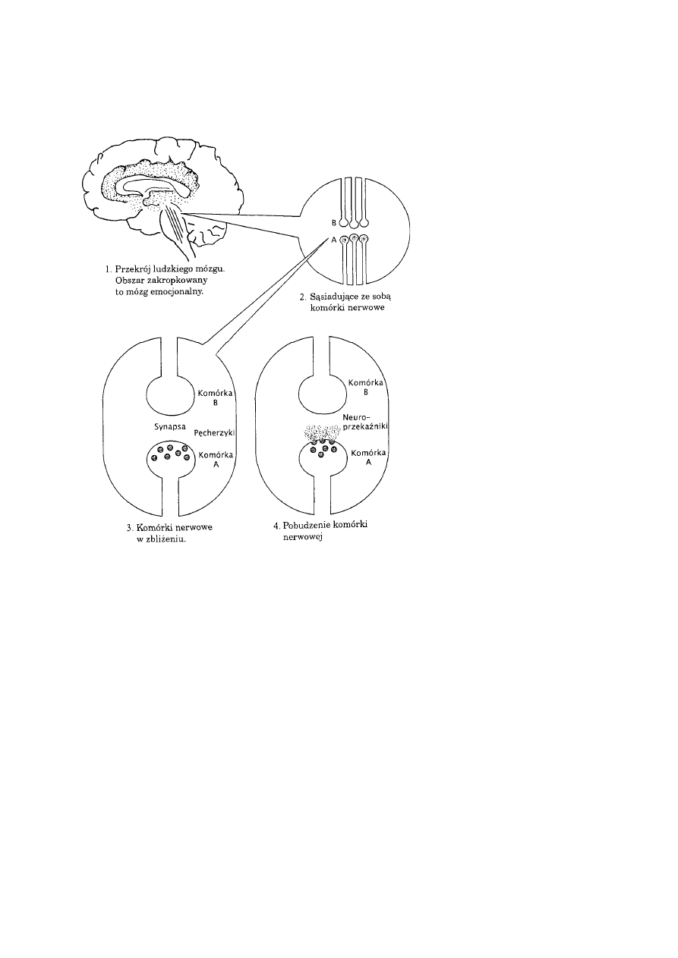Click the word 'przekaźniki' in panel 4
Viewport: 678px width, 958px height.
366,428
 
